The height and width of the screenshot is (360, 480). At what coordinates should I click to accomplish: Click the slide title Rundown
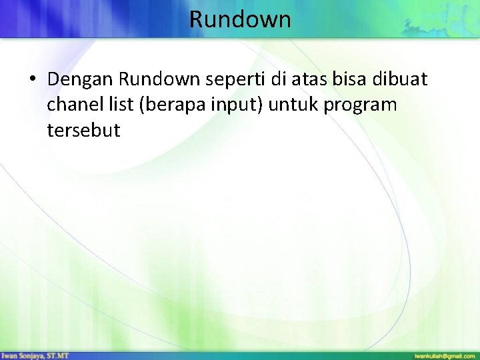point(240,19)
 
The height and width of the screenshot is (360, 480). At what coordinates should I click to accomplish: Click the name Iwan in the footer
point(9,355)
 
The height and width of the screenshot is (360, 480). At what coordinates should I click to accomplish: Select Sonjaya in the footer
point(31,355)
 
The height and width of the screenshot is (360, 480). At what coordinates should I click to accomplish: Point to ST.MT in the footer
point(59,355)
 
